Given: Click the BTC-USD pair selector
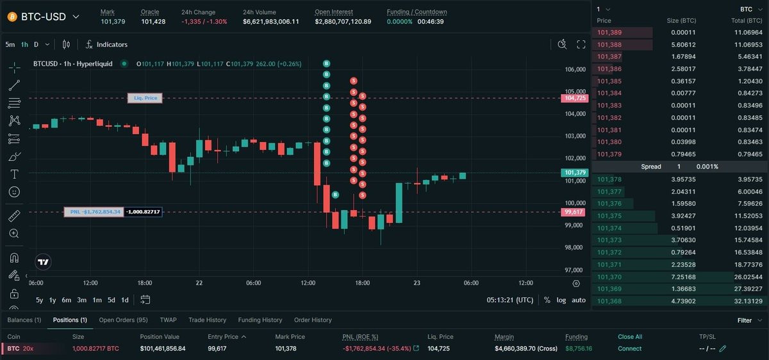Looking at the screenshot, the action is tap(44, 17).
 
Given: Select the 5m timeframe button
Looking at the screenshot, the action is tap(10, 45).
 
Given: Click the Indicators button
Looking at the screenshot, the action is tap(106, 45).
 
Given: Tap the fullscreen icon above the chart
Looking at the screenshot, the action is tap(581, 44).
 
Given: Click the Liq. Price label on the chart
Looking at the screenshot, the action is tap(145, 98).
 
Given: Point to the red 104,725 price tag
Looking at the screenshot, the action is tap(575, 98).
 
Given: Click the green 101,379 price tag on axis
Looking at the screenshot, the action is tap(575, 172).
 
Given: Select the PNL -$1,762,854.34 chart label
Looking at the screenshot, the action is tap(94, 212).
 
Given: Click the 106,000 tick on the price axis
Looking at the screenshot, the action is tap(575, 69).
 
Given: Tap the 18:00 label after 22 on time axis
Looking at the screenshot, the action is tap(363, 282).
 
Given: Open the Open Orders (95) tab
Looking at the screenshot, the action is tap(123, 320).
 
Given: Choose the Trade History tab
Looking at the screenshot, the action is tap(208, 320).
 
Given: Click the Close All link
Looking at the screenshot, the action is tap(630, 337).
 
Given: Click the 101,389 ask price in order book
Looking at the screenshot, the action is tap(609, 33).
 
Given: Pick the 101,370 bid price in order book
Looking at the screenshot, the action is tap(609, 277).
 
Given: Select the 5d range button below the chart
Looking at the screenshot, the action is tap(112, 300).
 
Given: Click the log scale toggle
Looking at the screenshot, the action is tap(561, 300).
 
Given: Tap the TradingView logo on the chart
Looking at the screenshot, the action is tap(43, 262).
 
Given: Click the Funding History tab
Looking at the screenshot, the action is tap(260, 320).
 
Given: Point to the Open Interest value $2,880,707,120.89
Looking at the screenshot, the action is tap(343, 22).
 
